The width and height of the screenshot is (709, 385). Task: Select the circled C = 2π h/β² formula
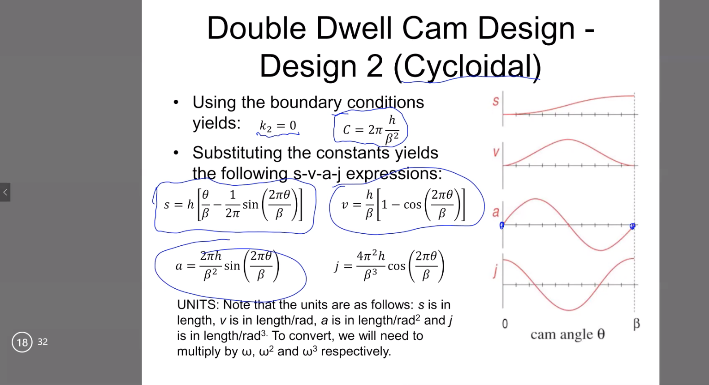pos(370,129)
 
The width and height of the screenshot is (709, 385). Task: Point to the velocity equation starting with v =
pos(403,205)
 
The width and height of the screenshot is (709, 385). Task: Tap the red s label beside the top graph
pos(496,101)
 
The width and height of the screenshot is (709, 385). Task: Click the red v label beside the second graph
pos(496,152)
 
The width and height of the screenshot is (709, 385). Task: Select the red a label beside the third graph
pos(496,212)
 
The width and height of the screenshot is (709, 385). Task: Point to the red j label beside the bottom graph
pos(496,271)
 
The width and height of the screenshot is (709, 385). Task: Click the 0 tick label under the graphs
pos(505,324)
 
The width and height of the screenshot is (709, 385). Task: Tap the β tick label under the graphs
pos(636,324)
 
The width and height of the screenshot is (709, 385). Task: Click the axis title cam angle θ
pos(567,335)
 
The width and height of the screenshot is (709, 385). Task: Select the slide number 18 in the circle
pos(22,342)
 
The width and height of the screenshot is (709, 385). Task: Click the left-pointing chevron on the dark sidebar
pos(5,192)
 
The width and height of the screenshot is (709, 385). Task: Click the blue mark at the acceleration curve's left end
pos(502,225)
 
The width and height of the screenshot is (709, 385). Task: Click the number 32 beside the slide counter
pos(43,342)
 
